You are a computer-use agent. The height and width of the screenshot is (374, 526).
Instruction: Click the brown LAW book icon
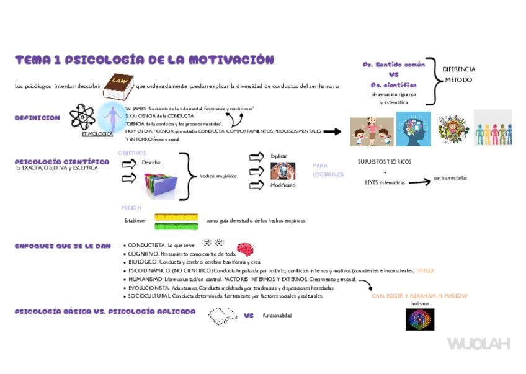pos(118,87)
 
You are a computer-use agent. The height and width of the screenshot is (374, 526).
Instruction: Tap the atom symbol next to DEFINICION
pos(82,117)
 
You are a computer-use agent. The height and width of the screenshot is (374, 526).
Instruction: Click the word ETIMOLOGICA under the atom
pos(97,134)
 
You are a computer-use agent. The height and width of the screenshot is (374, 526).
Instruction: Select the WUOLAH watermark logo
pos(478,344)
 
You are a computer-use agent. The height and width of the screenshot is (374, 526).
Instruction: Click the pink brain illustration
pos(245,249)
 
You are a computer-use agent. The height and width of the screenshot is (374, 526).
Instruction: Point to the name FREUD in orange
pos(426,271)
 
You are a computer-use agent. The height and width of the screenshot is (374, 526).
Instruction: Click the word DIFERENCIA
pos(459,69)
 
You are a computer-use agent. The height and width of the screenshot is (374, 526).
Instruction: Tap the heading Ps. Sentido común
pos(394,65)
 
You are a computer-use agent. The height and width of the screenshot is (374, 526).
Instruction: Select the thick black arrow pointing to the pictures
pos(332,131)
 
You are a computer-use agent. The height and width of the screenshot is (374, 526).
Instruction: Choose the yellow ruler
pos(176,217)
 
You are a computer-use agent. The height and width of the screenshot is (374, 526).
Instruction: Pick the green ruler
pos(176,226)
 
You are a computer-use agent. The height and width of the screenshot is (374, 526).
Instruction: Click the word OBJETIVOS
pos(132,153)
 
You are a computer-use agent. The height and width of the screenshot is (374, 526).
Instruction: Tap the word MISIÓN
pos(131,208)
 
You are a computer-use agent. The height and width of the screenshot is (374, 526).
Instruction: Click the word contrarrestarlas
pos(450,178)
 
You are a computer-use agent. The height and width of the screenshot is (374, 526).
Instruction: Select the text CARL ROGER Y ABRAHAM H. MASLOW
pos(419,296)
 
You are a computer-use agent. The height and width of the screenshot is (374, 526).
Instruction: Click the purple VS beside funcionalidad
pos(249,316)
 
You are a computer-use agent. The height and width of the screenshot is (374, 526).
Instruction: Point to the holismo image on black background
pos(420,319)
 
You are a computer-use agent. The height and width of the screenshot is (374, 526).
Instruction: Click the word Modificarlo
pos(283,185)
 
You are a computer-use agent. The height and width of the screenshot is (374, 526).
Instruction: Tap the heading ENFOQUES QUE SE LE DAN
pos(63,246)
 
